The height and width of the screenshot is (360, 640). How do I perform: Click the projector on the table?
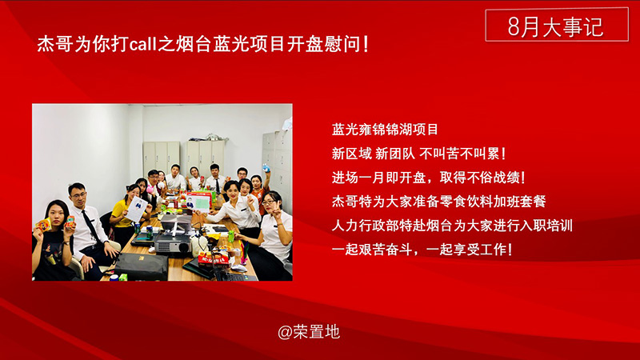pos(172,245)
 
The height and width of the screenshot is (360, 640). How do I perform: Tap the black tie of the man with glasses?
pos(91,226)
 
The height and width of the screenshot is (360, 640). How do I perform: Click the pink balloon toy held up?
pos(154,189)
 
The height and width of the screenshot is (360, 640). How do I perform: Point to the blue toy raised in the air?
pos(266,167)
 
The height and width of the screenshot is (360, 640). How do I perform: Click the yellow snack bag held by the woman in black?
pos(44,225)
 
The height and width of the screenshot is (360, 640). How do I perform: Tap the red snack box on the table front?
pos(212,259)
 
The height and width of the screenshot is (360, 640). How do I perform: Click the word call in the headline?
pos(143,44)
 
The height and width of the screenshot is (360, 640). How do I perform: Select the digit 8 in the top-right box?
pos(514,26)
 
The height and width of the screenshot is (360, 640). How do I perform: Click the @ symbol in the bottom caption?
pos(285,332)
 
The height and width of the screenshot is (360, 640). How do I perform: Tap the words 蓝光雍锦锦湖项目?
pos(385,130)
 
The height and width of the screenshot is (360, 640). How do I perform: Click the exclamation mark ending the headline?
pos(366,44)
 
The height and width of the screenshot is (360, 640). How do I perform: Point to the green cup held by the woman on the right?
pos(231,237)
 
